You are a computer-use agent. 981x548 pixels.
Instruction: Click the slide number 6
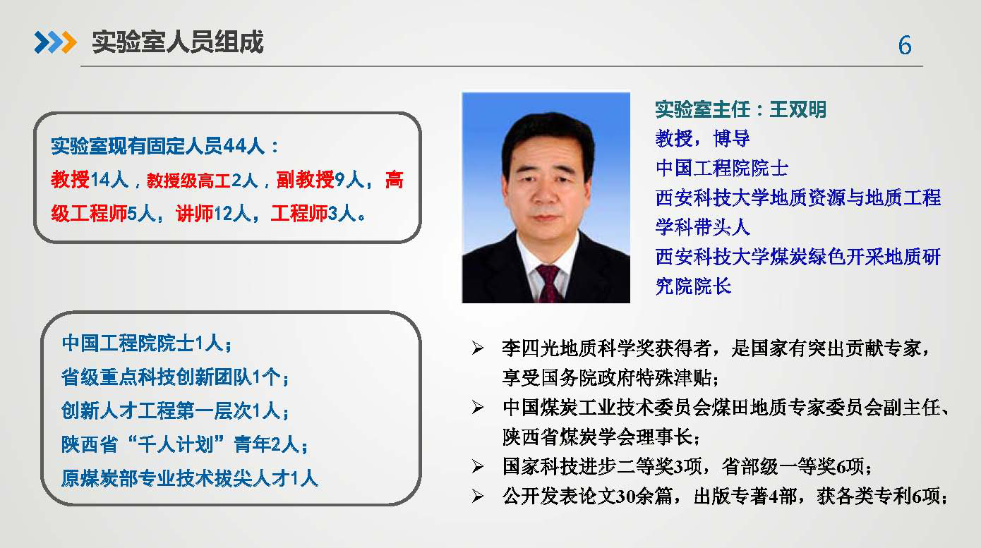(x=905, y=45)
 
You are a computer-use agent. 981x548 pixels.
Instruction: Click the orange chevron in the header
(x=69, y=42)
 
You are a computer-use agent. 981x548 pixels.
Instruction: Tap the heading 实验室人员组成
(x=177, y=42)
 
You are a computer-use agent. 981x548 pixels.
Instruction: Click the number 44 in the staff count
(x=234, y=146)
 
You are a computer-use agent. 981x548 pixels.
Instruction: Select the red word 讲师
(x=195, y=214)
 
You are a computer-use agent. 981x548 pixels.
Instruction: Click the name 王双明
(x=798, y=109)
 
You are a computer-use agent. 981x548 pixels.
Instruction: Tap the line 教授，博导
(x=702, y=139)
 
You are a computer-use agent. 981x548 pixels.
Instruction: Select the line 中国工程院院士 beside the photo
(x=722, y=168)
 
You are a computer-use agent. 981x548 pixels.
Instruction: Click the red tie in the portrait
(x=548, y=284)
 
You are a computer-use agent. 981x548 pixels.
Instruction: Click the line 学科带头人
(x=702, y=227)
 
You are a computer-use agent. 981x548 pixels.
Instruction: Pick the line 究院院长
(x=693, y=286)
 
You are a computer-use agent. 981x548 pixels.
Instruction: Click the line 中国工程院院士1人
(x=146, y=343)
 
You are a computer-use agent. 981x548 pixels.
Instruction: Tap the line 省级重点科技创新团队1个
(x=175, y=377)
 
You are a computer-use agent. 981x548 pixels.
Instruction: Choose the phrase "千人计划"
(x=175, y=444)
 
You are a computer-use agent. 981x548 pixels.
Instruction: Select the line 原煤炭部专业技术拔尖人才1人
(x=190, y=478)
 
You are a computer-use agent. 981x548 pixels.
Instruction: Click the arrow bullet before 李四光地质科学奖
(x=478, y=348)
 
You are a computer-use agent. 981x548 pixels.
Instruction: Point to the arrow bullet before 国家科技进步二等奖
(x=478, y=467)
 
